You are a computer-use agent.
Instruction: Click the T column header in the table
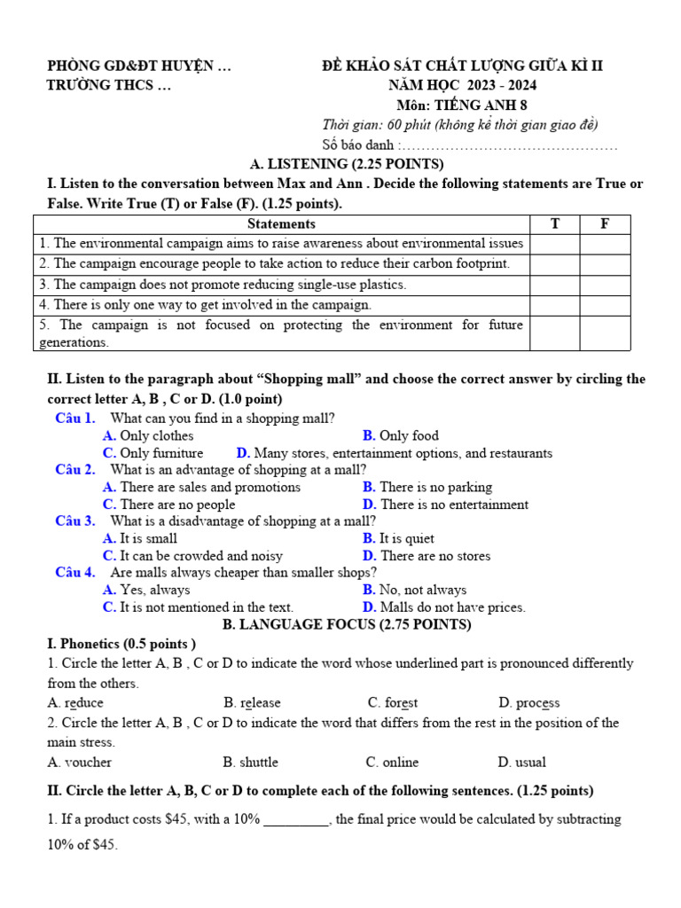pos(555,224)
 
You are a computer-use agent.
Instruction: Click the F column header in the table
pos(605,224)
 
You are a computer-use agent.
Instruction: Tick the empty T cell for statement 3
pos(555,285)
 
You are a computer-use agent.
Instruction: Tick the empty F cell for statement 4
pos(605,305)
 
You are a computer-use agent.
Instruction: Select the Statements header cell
pos(281,224)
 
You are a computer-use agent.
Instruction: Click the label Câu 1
pos(74,418)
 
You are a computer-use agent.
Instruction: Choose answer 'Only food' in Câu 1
pos(409,435)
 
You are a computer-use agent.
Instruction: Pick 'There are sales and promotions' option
pos(210,487)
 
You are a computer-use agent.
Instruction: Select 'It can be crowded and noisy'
pos(201,556)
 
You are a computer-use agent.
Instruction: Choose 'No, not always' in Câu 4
pos(422,590)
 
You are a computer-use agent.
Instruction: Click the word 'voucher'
pos(88,762)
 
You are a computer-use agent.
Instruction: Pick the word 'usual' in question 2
pos(529,762)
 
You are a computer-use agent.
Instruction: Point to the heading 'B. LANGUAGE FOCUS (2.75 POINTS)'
pos(347,625)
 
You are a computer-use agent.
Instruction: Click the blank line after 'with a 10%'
pos(296,820)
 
